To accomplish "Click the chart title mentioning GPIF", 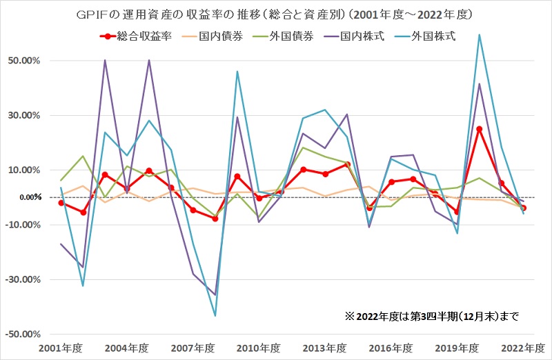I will point(276,14).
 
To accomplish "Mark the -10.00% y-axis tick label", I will point(25,225).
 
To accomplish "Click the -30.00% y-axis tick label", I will point(25,279).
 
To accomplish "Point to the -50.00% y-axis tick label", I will point(25,334).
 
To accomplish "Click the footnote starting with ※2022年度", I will point(431,317).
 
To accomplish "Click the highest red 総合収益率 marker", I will point(479,129).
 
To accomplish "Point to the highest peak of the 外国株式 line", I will point(479,34).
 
